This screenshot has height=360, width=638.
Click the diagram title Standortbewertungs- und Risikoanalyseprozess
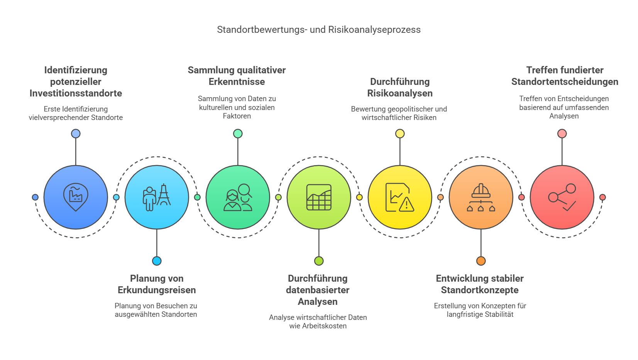(319, 30)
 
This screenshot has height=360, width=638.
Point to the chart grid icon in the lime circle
(319, 197)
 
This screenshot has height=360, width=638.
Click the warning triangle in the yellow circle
(407, 204)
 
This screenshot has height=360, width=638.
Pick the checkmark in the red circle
(569, 206)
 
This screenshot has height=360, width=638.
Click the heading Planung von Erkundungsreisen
(157, 284)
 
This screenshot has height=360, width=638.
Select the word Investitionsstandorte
(76, 93)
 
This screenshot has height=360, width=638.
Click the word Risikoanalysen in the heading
(400, 93)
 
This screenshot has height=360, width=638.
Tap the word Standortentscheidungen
(565, 82)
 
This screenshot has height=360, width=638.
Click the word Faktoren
(237, 116)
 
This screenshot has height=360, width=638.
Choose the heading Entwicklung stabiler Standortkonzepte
(480, 284)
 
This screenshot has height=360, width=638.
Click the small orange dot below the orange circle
(481, 261)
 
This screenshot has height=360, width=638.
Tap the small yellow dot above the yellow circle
(400, 134)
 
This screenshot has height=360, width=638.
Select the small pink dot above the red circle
(562, 134)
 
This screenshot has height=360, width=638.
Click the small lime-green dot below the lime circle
(319, 261)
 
